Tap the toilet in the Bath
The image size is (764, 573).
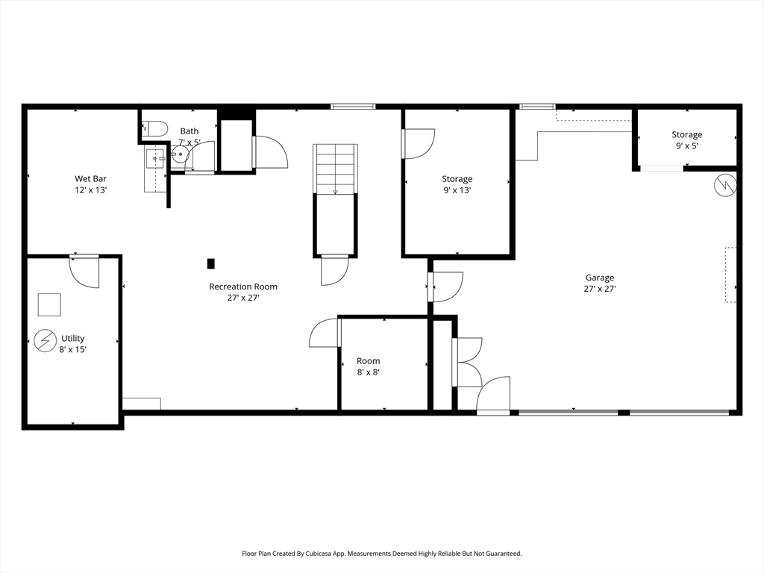pyautogui.click(x=155, y=128)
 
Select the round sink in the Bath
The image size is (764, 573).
pyautogui.click(x=181, y=154)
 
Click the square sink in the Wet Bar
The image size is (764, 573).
pyautogui.click(x=155, y=158)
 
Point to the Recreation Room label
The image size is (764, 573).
pyautogui.click(x=243, y=286)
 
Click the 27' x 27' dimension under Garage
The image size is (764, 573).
pyautogui.click(x=600, y=289)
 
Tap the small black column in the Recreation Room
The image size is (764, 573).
pyautogui.click(x=211, y=263)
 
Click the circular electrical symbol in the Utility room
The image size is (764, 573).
pyautogui.click(x=46, y=340)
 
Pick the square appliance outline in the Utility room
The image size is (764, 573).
pyautogui.click(x=50, y=304)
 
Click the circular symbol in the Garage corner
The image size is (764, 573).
pyautogui.click(x=725, y=185)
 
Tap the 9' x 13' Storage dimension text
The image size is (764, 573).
pyautogui.click(x=457, y=190)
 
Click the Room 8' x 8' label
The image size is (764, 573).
pyautogui.click(x=369, y=366)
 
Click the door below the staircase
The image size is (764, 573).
pyautogui.click(x=335, y=270)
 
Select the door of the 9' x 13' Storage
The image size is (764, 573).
pyautogui.click(x=418, y=144)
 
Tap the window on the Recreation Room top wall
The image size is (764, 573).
pyautogui.click(x=353, y=106)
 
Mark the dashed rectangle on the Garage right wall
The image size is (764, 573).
pyautogui.click(x=730, y=275)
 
